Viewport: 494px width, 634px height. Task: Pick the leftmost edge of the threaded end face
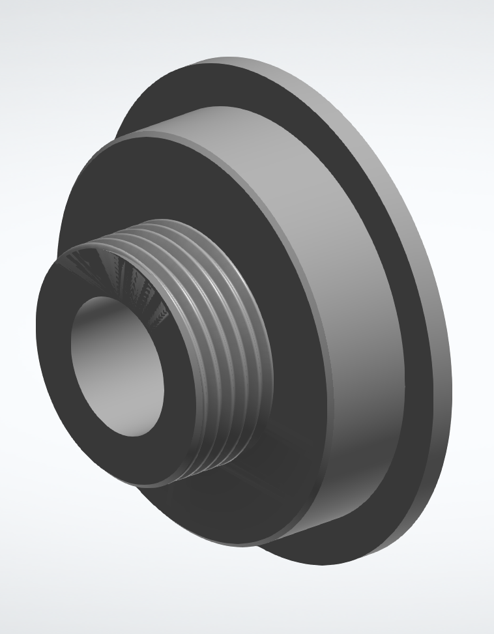click(x=36, y=326)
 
